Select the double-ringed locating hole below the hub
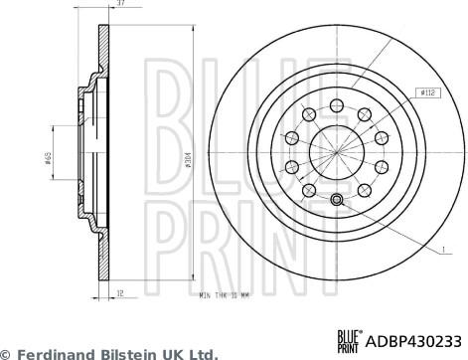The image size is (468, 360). point(337,202)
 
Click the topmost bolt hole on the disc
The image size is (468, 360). point(338,103)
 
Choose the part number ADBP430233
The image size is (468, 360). point(410,338)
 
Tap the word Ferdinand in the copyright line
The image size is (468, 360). point(57,352)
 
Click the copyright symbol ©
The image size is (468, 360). point(6,352)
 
